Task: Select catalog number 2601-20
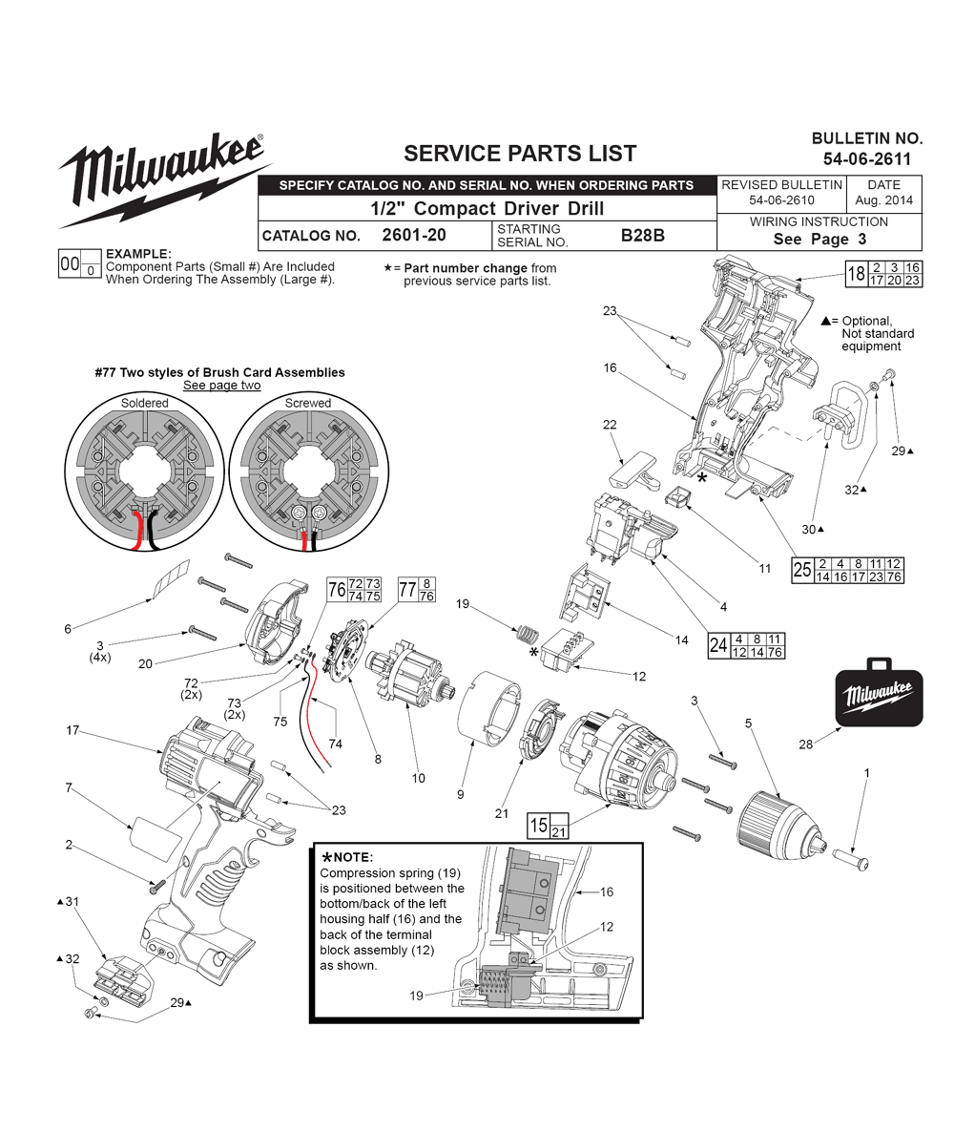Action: pos(413,235)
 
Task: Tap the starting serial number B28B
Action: pos(642,235)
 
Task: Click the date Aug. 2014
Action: pos(883,200)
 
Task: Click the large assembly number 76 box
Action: pos(337,590)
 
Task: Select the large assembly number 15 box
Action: pos(539,825)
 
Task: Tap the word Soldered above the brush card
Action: pos(144,403)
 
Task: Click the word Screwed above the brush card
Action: pos(308,403)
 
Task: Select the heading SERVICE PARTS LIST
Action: pos(520,153)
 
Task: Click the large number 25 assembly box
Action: pos(802,570)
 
